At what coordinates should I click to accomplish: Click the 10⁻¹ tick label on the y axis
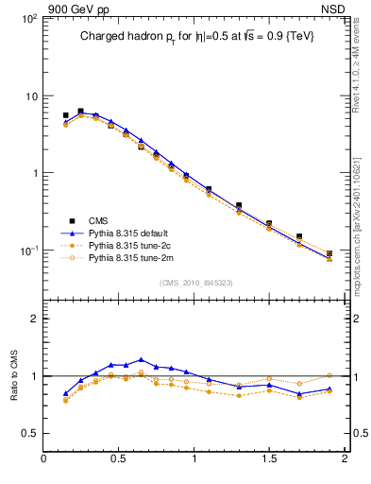(x=26, y=251)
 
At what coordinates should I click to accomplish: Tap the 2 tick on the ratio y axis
(x=35, y=320)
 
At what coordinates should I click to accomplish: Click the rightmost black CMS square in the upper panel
(x=329, y=253)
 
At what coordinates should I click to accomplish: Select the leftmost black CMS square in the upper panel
(x=65, y=115)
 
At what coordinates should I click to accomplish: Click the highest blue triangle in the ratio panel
(x=141, y=359)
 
